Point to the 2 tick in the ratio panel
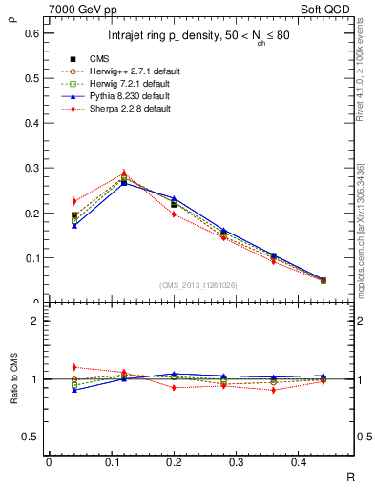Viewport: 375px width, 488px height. tap(37, 322)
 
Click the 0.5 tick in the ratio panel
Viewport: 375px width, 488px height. tap(32, 437)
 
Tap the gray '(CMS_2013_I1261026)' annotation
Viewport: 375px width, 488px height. tap(198, 285)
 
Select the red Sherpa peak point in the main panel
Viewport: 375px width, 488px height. tap(124, 174)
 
